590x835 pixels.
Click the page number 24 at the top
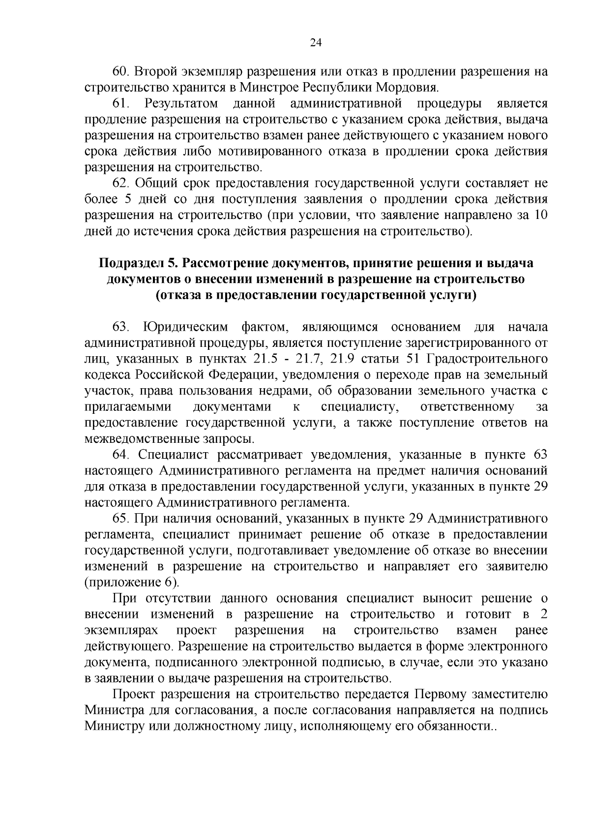point(315,42)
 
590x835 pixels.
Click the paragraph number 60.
point(120,72)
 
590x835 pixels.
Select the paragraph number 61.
point(120,104)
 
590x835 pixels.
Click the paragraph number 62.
point(120,184)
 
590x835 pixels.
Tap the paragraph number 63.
point(120,327)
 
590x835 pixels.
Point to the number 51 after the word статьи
point(410,359)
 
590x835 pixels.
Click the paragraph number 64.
point(120,454)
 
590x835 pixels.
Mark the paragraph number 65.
point(120,518)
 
